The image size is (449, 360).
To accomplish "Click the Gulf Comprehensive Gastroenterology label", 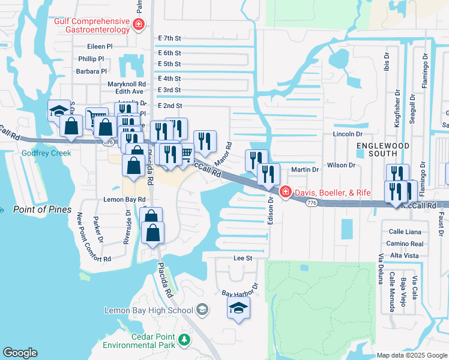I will (x=92, y=25).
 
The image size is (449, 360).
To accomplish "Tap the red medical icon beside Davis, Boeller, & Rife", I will (x=285, y=193).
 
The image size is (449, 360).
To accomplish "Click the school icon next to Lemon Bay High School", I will (x=203, y=310).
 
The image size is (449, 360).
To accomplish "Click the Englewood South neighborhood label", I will (x=383, y=150).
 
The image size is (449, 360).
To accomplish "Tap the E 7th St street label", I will (x=169, y=38).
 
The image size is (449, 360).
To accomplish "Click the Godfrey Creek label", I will (x=47, y=153).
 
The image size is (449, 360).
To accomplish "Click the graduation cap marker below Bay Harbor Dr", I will (x=238, y=308).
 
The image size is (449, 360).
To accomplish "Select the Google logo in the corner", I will (x=20, y=353).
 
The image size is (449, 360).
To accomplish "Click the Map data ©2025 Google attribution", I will (x=412, y=355).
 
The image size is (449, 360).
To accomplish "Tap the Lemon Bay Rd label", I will (x=124, y=199).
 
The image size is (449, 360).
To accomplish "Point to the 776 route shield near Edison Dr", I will (x=311, y=203).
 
